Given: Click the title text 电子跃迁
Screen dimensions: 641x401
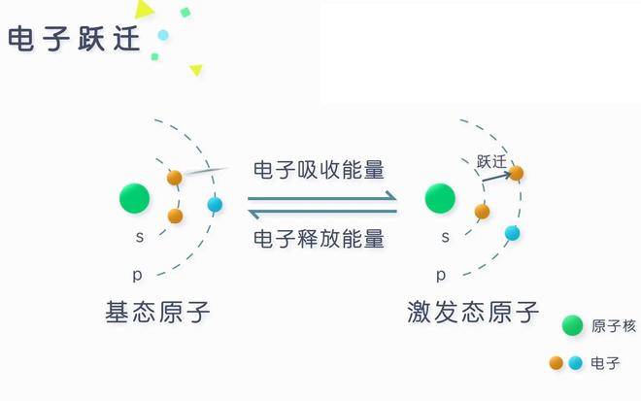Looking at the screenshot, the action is tap(74, 39).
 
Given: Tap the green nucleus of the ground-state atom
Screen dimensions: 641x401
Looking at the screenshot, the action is tap(134, 198).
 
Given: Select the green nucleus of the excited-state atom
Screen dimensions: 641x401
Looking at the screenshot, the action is tap(440, 198).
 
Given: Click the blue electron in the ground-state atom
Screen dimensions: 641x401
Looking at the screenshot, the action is tap(215, 204).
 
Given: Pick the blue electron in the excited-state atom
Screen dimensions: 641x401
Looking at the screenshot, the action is tap(512, 233).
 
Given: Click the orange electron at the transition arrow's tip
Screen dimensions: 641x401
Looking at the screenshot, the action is tap(516, 173).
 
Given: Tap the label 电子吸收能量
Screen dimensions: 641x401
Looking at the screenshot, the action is tap(319, 170).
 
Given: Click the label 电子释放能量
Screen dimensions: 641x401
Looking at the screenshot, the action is tap(319, 239).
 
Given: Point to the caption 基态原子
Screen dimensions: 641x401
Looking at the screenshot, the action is tap(157, 312).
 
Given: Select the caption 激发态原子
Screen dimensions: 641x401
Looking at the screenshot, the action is tap(473, 312).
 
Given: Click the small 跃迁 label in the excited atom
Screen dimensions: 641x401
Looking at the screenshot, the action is tap(491, 162).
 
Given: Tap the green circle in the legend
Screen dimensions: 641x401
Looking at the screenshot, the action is tap(572, 326).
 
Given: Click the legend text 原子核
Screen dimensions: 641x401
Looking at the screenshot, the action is tap(614, 326).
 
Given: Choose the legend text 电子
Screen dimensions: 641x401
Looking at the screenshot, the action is tap(605, 363).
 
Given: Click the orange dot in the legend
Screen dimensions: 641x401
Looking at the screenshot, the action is tap(556, 362).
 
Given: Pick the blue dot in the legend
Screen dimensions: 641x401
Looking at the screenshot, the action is tap(576, 362).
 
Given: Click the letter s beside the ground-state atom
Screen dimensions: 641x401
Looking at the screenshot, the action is tap(140, 237).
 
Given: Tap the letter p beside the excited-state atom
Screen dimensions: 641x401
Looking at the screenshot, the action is tap(441, 275).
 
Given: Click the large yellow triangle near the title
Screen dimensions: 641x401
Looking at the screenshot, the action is tap(144, 9).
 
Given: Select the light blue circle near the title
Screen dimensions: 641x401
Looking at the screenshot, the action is tap(163, 35).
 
